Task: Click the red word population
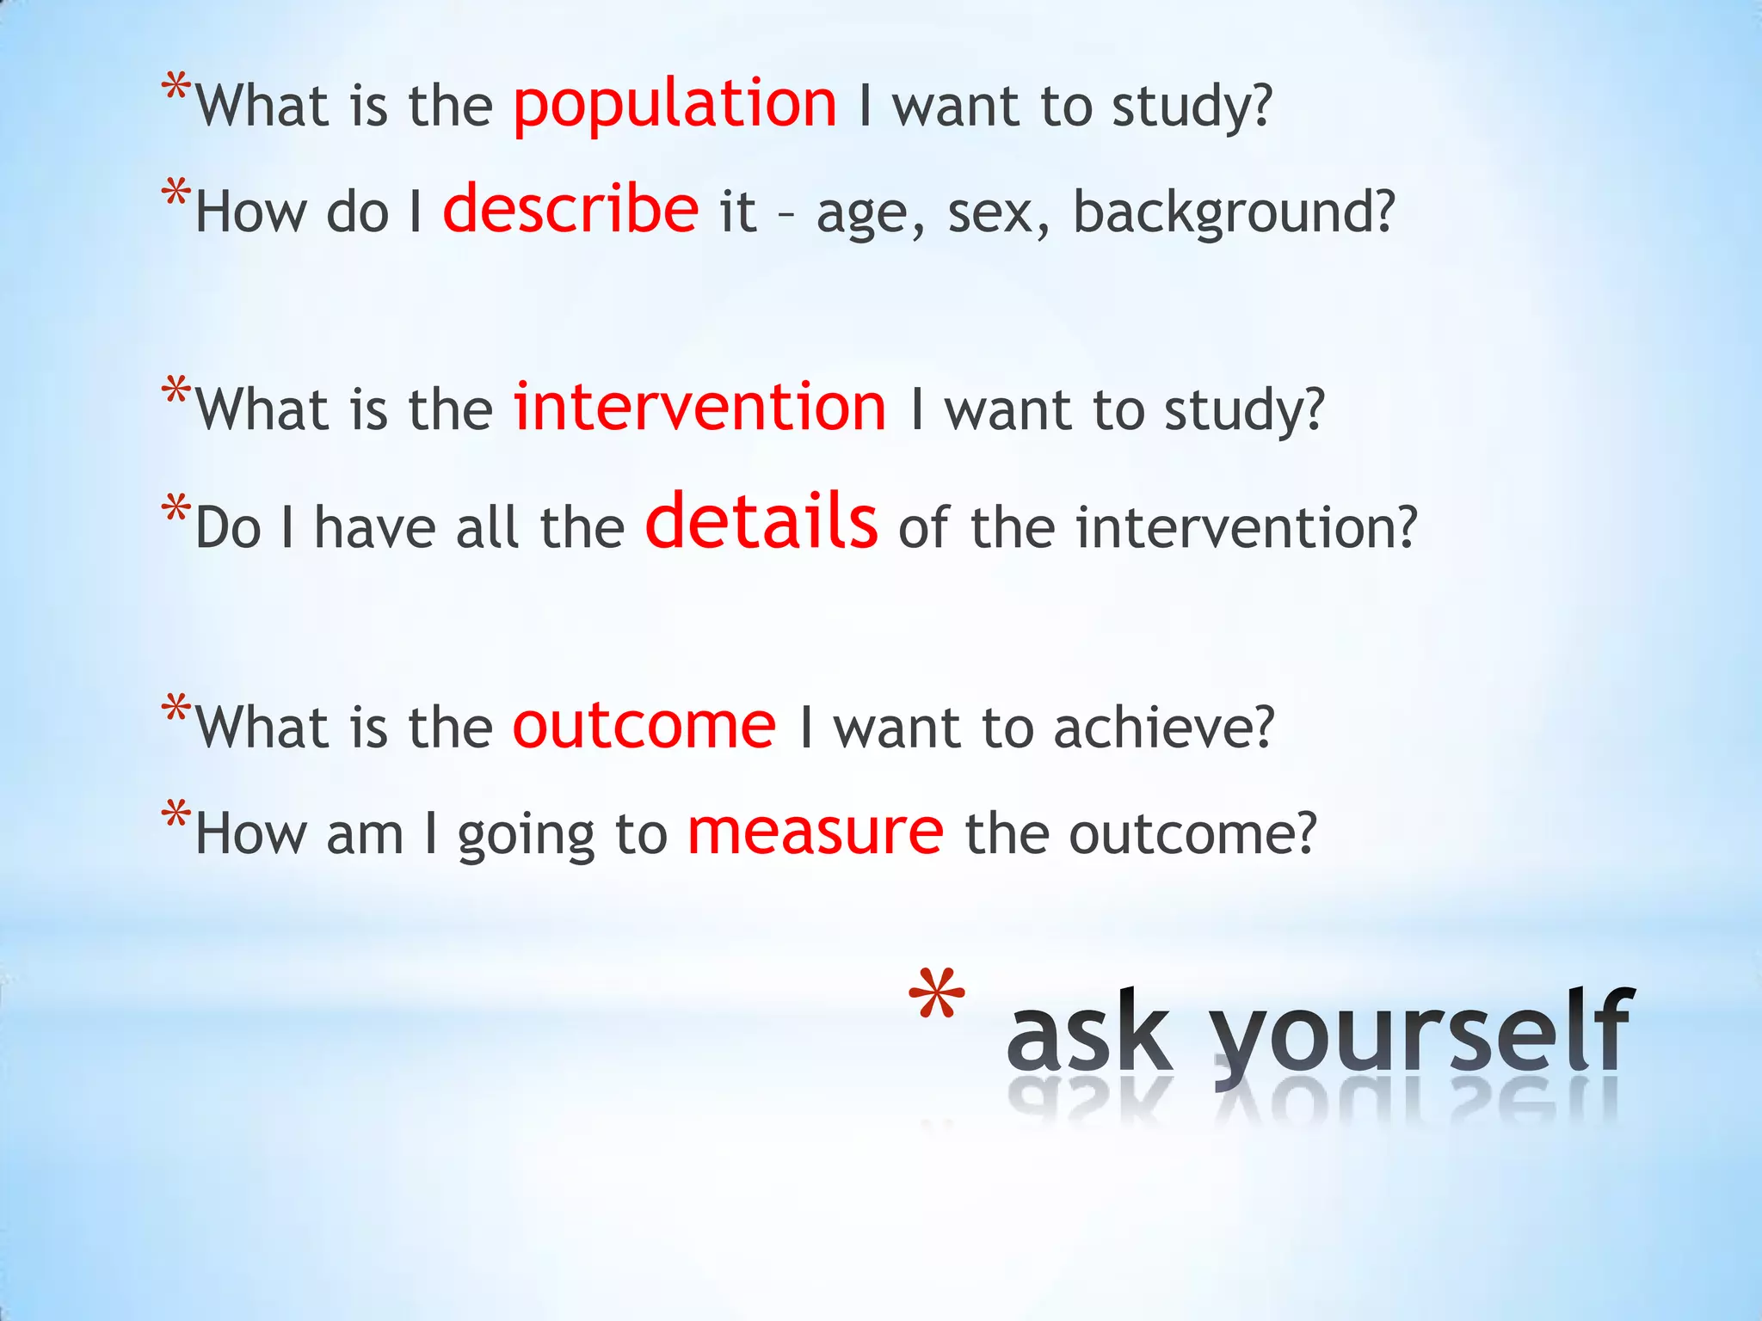pos(674,105)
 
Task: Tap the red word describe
pos(570,210)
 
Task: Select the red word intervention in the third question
pos(699,408)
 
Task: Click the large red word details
pos(761,522)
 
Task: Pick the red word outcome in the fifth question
pos(644,727)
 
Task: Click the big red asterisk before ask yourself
pos(936,998)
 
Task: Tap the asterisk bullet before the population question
pos(176,89)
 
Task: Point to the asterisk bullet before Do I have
pos(176,509)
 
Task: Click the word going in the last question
pos(526,836)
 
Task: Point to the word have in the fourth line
pos(374,528)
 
